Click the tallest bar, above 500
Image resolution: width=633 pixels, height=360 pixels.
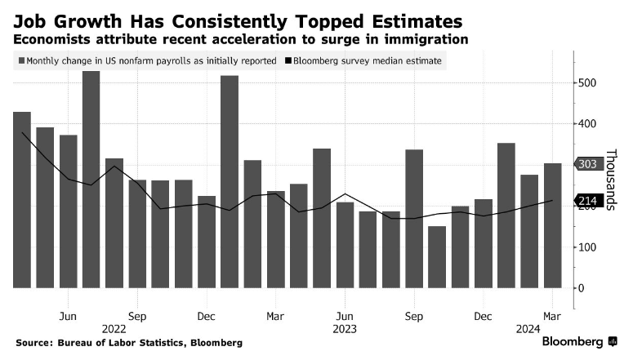pyautogui.click(x=91, y=180)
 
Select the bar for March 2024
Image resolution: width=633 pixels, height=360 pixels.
pyautogui.click(x=553, y=225)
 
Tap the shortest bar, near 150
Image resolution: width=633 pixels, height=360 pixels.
pyautogui.click(x=437, y=256)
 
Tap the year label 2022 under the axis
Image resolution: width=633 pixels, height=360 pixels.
pyautogui.click(x=114, y=328)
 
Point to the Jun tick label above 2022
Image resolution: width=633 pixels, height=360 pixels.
pyautogui.click(x=68, y=316)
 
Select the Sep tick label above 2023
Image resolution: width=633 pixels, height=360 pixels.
pyautogui.click(x=414, y=316)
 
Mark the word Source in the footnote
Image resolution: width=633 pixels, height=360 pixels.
pyautogui.click(x=33, y=343)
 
